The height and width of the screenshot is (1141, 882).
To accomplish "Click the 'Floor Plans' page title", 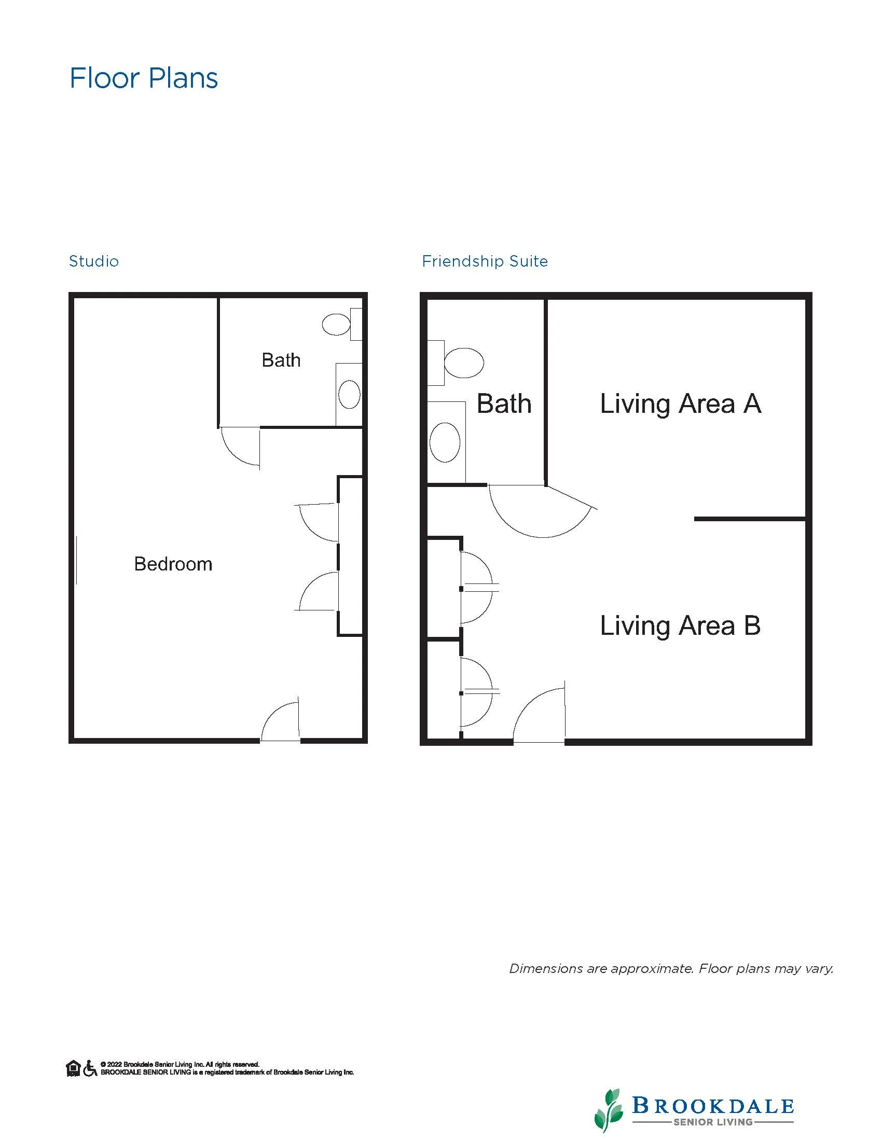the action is point(144,78).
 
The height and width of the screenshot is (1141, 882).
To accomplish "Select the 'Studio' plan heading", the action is point(94,261).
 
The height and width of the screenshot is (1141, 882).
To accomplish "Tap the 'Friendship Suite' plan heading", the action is point(485,261).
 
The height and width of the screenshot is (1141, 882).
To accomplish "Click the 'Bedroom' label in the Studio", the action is point(173,564).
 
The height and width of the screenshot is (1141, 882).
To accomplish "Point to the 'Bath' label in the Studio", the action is point(281,360).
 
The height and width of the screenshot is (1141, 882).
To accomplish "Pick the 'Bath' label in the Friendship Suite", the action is point(504,404).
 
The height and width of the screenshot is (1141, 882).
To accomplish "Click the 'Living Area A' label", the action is point(680,404).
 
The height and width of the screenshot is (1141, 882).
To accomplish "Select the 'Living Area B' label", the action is point(680,626).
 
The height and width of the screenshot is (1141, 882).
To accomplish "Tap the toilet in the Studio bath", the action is point(342,325).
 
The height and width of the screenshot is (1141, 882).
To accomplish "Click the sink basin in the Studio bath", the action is point(349,395).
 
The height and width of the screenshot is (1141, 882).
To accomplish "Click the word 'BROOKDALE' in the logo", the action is point(713,1106).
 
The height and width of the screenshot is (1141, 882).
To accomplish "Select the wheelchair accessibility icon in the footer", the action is point(90,1068).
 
